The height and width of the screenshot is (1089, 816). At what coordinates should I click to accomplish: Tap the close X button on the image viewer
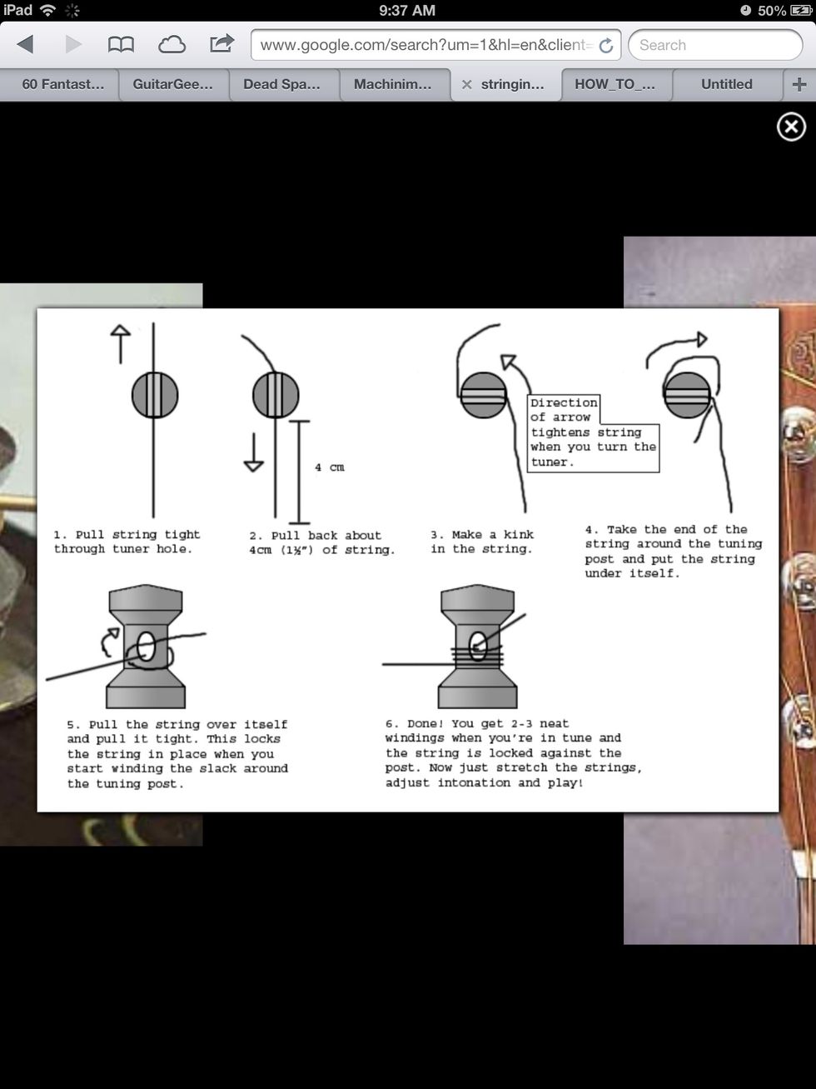pyautogui.click(x=791, y=127)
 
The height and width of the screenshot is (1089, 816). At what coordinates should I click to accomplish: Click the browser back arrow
pyautogui.click(x=25, y=45)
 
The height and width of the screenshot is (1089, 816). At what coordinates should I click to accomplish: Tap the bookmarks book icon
pyautogui.click(x=121, y=45)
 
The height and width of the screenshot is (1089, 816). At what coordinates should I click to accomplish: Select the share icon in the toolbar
pyautogui.click(x=221, y=43)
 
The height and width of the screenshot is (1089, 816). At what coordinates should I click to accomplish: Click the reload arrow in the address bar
pyautogui.click(x=606, y=46)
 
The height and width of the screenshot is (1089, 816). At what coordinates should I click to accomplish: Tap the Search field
pyautogui.click(x=715, y=45)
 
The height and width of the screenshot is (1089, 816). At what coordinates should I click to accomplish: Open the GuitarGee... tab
pyautogui.click(x=173, y=84)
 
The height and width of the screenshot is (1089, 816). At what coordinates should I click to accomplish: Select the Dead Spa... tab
pyautogui.click(x=281, y=84)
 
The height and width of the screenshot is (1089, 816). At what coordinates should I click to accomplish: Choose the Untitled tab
pyautogui.click(x=726, y=84)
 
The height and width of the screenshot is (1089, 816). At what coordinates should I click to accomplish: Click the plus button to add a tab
pyautogui.click(x=799, y=84)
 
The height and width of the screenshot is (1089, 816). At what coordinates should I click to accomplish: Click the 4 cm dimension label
pyautogui.click(x=330, y=467)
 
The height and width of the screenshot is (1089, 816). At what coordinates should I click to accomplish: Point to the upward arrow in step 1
pyautogui.click(x=121, y=344)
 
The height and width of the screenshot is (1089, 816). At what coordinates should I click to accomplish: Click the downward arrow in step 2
pyautogui.click(x=253, y=452)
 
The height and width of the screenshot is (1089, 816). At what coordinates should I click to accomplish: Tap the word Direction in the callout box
pyautogui.click(x=565, y=402)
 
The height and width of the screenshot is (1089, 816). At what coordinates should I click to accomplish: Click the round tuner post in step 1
pyautogui.click(x=155, y=396)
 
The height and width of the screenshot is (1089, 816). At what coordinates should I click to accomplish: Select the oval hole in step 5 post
pyautogui.click(x=146, y=647)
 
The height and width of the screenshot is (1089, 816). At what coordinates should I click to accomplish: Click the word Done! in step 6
pyautogui.click(x=425, y=723)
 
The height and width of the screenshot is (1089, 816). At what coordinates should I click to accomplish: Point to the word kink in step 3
pyautogui.click(x=519, y=534)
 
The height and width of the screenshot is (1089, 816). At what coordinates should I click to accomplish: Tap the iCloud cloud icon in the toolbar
pyautogui.click(x=172, y=45)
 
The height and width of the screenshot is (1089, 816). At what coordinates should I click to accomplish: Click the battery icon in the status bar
pyautogui.click(x=801, y=11)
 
